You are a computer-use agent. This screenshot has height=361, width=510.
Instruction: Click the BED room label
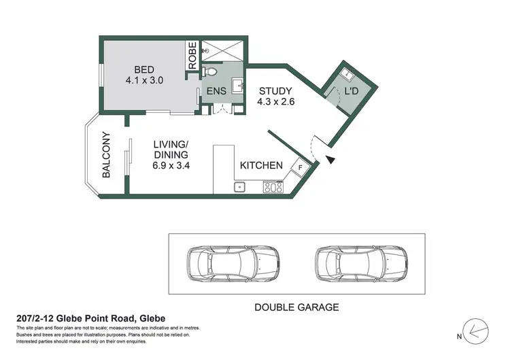tap(144, 69)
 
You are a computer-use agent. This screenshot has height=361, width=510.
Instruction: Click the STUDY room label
tap(275, 91)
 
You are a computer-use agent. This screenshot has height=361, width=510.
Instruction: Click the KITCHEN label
tap(261, 165)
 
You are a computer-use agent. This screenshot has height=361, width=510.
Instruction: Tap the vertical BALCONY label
tap(107, 155)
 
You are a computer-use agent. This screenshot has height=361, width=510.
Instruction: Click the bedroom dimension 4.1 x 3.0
tap(144, 80)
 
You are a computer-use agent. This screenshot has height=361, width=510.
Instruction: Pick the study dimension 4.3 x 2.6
tap(275, 103)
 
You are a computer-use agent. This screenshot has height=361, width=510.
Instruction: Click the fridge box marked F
tap(298, 167)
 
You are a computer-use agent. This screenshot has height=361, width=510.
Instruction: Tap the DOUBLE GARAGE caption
tap(296, 307)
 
